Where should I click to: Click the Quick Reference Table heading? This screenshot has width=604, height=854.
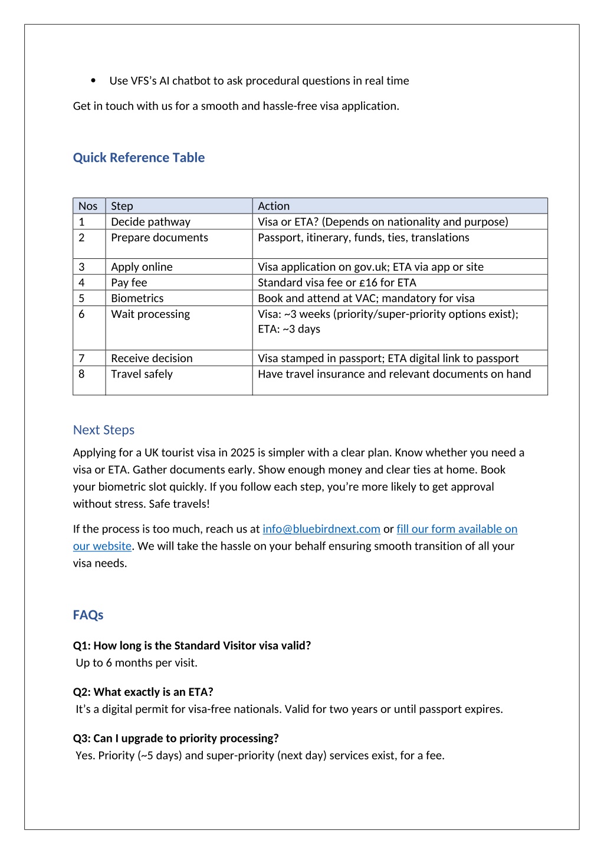(139, 158)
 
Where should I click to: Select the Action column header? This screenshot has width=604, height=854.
(274, 206)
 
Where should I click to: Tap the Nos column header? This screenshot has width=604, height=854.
(88, 206)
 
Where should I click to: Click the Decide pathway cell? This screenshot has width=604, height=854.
(150, 222)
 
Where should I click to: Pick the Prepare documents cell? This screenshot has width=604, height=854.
(159, 238)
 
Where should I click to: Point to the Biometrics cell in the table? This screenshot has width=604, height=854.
(137, 298)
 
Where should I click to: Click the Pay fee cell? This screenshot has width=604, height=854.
(129, 283)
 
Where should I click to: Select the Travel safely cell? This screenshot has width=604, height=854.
(142, 375)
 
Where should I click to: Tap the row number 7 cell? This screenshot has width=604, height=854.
(81, 359)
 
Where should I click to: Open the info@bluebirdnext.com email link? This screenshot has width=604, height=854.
(321, 530)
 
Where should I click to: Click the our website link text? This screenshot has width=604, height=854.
(102, 547)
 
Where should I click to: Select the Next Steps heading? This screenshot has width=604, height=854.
(104, 431)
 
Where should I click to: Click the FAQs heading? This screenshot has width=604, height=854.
(88, 615)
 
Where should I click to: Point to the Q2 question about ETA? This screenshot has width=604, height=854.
(143, 692)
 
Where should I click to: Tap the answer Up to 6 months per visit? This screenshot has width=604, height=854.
(136, 663)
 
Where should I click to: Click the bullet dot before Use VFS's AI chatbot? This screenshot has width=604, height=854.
(93, 81)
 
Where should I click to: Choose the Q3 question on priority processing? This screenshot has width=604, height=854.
(176, 738)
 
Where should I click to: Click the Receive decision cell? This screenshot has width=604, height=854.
(152, 359)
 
